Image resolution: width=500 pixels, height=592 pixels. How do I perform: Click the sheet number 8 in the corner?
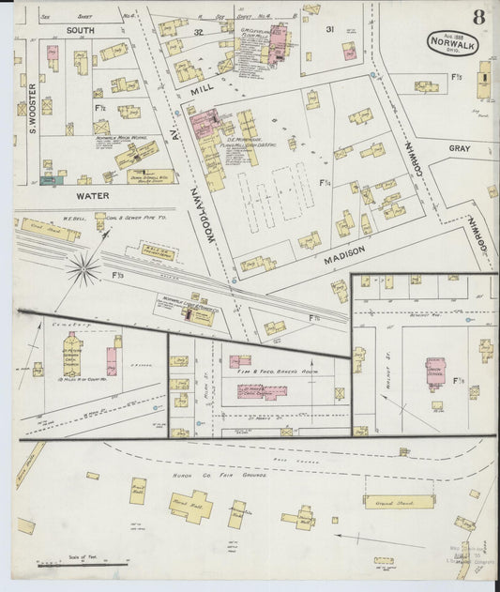point(478,18)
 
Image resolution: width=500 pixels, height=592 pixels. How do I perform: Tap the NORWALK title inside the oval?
point(449,41)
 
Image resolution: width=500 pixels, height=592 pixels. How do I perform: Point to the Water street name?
point(92,196)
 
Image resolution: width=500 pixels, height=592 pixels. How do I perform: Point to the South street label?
point(81,30)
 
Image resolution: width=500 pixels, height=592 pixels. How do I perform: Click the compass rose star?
point(83,271)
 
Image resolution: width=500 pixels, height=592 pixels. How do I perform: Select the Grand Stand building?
point(399,501)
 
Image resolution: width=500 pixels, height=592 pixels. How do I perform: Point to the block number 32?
point(198,32)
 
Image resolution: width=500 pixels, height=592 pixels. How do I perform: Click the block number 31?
point(329,30)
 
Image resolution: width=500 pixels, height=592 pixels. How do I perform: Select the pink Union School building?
point(435,372)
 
